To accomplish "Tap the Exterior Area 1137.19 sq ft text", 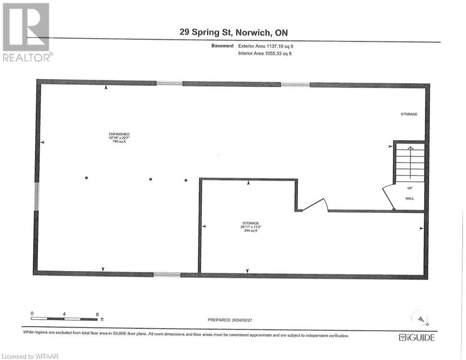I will [266, 46].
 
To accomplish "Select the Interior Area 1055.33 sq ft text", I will [265, 53].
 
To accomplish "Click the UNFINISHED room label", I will [119, 135].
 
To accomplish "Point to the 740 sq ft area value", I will [119, 142].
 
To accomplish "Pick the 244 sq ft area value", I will [251, 231].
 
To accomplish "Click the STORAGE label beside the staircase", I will [408, 114].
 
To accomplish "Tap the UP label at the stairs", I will [409, 187].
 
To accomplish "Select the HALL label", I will [409, 199].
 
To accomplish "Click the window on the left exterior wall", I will [37, 196].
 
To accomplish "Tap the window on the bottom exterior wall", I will [167, 275].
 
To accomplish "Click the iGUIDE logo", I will [416, 337].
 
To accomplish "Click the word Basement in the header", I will [222, 46].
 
